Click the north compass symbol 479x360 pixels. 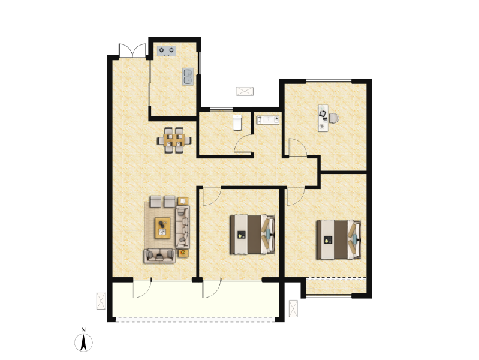(x=85, y=343)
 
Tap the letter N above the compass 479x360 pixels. (x=85, y=329)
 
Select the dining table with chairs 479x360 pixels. (x=175, y=140)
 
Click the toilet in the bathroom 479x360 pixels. (x=237, y=122)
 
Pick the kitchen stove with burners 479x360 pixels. (x=167, y=50)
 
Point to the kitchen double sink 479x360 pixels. (x=188, y=76)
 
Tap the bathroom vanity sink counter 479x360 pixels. (x=268, y=120)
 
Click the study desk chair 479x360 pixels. (x=333, y=118)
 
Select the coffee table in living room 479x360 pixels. (x=162, y=227)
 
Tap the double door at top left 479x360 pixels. (x=132, y=51)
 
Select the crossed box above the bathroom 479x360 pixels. (x=245, y=91)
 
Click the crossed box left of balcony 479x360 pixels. (x=100, y=301)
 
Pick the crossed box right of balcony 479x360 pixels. (x=293, y=308)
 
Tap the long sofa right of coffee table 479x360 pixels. (x=183, y=227)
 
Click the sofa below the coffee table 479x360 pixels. (x=159, y=255)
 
